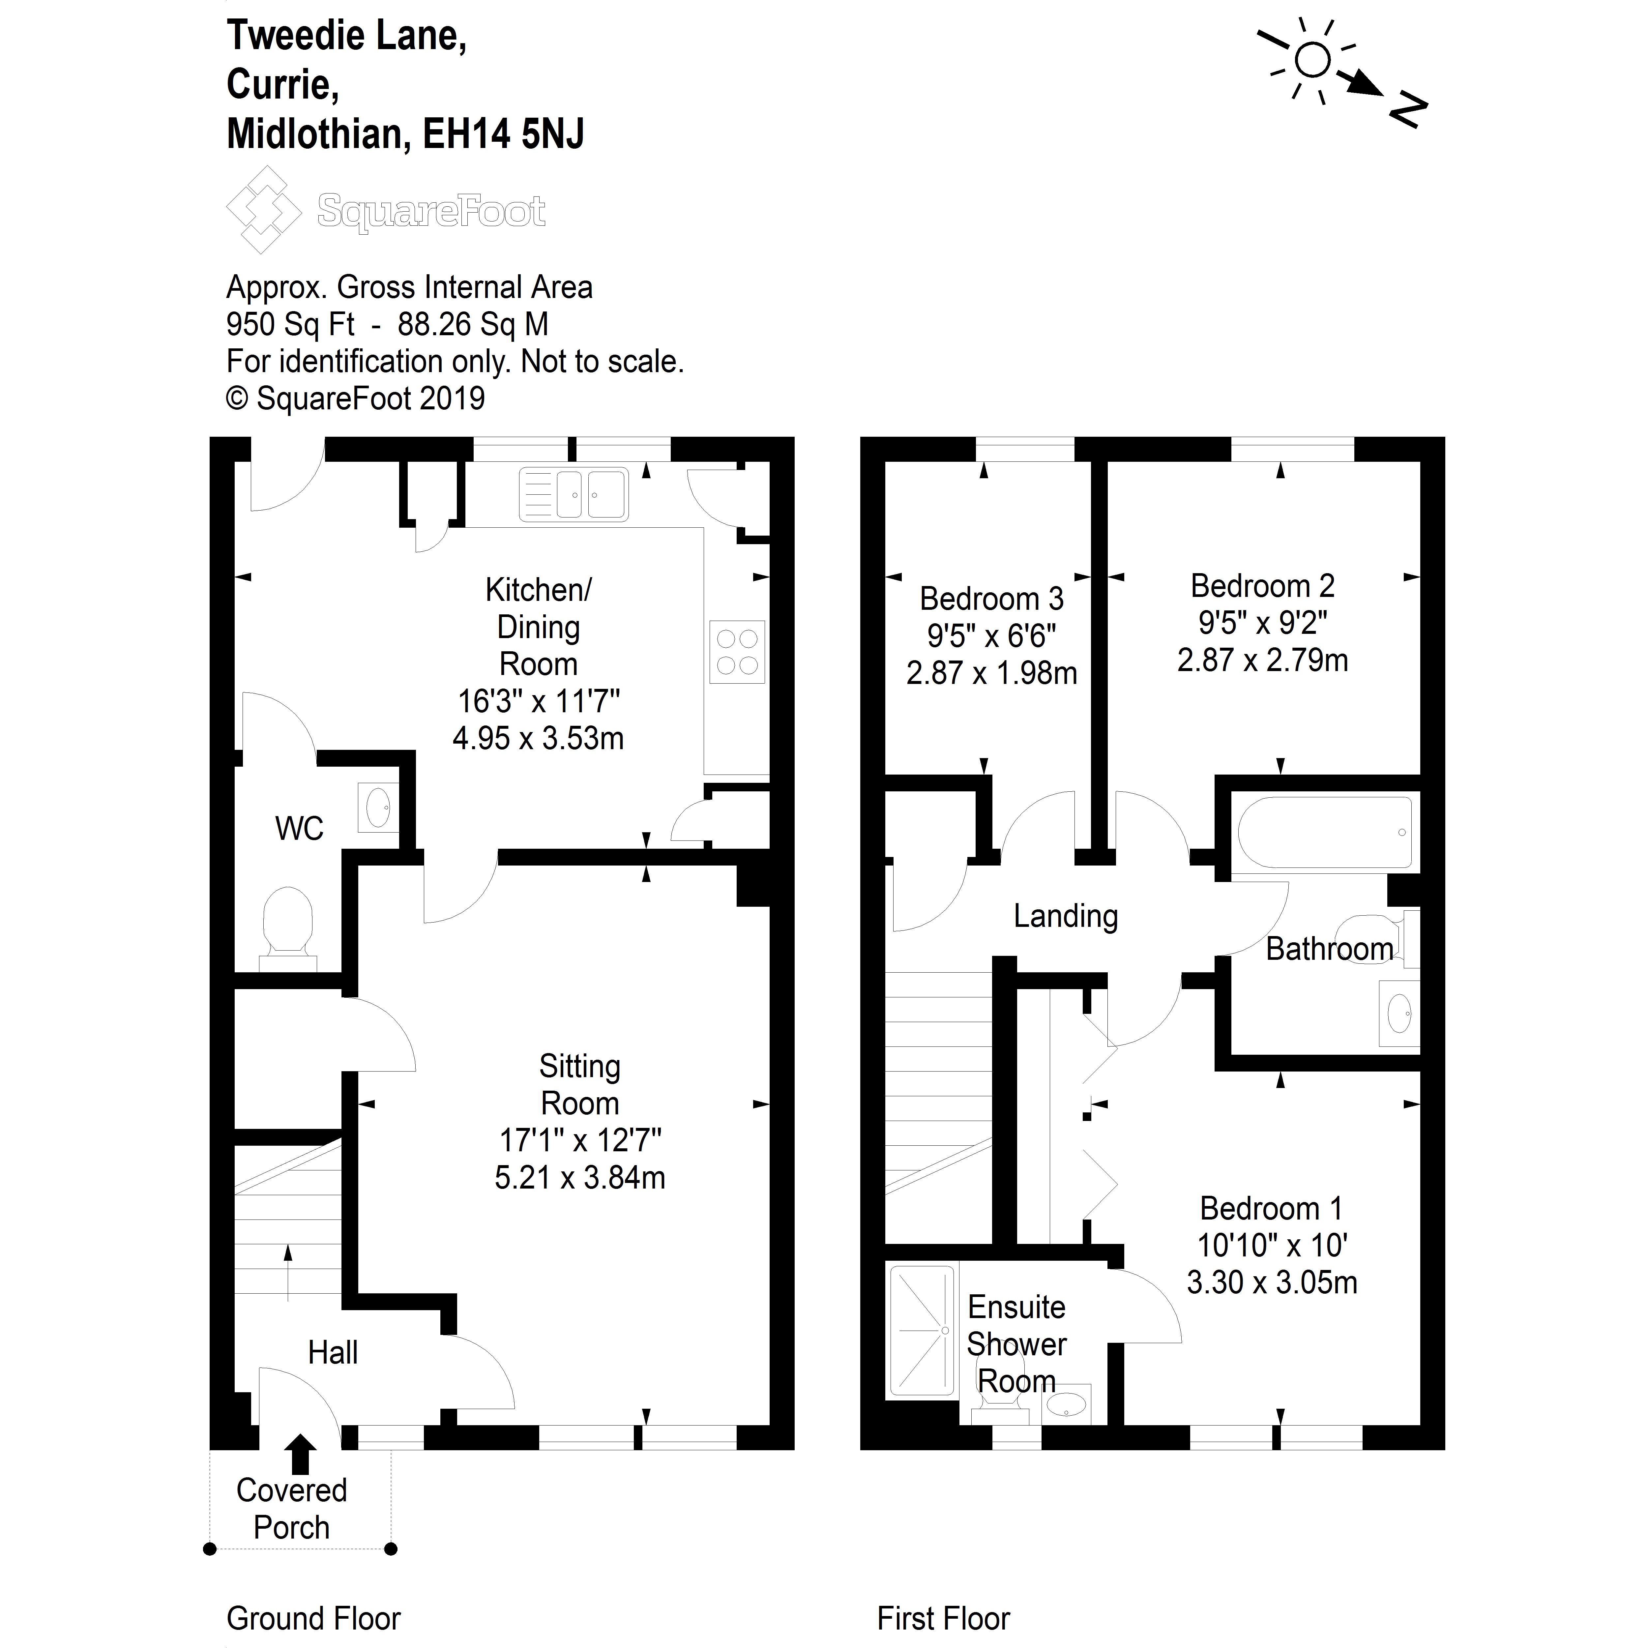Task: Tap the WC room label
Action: pyautogui.click(x=299, y=828)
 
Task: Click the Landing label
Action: pyautogui.click(x=1065, y=916)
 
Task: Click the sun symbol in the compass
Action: pyautogui.click(x=1312, y=61)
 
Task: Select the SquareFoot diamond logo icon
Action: pyautogui.click(x=264, y=210)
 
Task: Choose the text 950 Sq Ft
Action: pyautogui.click(x=290, y=324)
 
